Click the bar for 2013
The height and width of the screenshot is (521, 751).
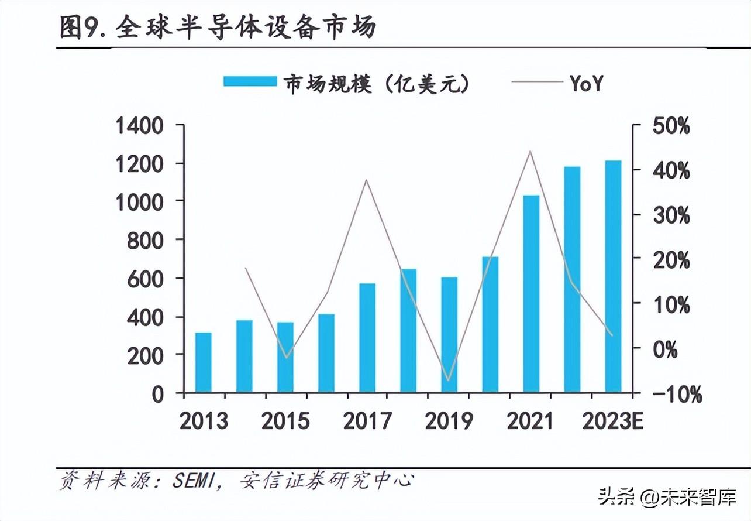point(203,362)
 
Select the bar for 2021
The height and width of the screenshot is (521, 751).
point(531,293)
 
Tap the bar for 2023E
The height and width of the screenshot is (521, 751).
point(613,276)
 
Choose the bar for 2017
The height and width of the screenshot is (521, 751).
point(367,337)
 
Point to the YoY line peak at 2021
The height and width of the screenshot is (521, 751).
point(530,151)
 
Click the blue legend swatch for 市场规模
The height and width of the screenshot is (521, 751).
point(250,81)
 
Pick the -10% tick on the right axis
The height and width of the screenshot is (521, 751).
point(676,394)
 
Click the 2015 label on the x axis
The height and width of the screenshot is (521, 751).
point(285,421)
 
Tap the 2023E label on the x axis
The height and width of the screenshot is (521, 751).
point(612,421)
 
